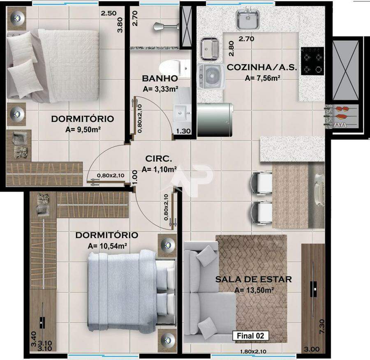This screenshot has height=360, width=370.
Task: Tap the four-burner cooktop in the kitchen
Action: (312, 61)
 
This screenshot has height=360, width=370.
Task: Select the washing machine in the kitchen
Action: (211, 76)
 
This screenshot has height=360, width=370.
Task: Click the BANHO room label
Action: (160, 78)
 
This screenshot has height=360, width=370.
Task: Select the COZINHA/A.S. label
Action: (262, 67)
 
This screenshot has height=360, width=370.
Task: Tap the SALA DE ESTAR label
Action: (253, 279)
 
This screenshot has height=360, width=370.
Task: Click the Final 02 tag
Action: (251, 336)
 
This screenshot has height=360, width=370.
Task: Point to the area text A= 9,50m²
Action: (83, 129)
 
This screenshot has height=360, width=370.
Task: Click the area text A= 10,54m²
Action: (108, 246)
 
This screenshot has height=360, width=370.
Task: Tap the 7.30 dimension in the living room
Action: (322, 326)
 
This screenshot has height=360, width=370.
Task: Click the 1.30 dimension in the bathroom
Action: (184, 131)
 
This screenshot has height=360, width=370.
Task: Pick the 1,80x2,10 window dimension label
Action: (253, 351)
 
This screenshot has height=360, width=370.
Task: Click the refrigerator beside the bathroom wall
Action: (215, 120)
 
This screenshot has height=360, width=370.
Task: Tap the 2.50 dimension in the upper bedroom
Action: (109, 13)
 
